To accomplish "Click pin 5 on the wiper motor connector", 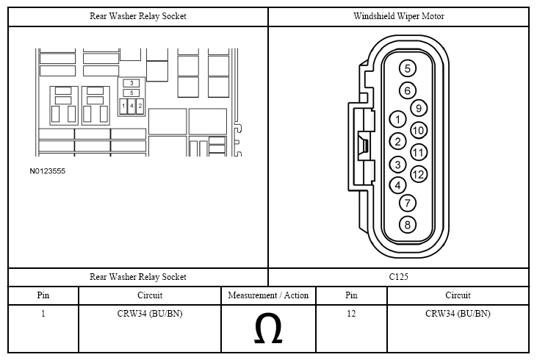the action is [x=407, y=68].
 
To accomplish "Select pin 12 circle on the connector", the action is [x=418, y=174].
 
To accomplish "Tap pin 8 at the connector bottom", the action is [x=407, y=225].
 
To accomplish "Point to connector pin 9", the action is [x=419, y=108].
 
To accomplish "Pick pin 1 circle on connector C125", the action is [x=397, y=120].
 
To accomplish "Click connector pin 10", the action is [x=419, y=130].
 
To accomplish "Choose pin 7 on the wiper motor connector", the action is [x=407, y=203].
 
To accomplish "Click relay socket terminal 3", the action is [x=131, y=83].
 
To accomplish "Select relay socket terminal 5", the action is [x=131, y=93].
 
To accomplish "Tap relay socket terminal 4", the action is [x=131, y=106].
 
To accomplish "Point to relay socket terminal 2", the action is [x=140, y=106].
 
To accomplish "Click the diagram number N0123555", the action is [x=47, y=171].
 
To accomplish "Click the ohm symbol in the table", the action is [x=268, y=328].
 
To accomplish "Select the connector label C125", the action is [x=398, y=276].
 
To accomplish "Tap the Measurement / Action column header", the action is [x=268, y=295].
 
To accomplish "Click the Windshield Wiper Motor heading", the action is [x=399, y=16].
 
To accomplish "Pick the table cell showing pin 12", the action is [x=351, y=314].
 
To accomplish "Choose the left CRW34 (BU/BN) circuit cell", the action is [x=150, y=314].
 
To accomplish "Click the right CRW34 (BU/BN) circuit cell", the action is [x=458, y=314].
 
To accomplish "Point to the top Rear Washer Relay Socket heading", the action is [x=137, y=16].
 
